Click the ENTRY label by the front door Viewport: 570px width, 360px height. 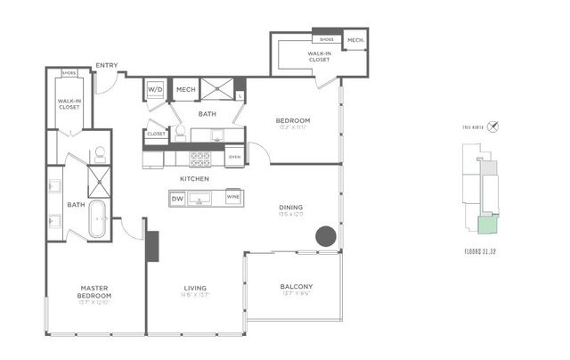coord(107,64)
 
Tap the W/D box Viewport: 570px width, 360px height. coord(155,90)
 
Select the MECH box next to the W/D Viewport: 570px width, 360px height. coord(185,90)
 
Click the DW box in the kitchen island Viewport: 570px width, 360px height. coord(178,198)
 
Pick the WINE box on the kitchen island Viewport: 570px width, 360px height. coord(233,197)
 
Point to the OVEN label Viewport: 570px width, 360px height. coord(234,157)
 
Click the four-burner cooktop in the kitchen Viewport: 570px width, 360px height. coord(200,159)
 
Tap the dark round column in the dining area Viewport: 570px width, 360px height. coord(326,236)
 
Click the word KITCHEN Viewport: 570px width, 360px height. coord(194,178)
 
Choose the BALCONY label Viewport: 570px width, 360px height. coord(296,287)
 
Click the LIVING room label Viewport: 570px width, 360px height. coord(195,288)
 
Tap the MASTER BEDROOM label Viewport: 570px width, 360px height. coord(94,291)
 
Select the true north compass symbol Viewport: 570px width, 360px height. coord(493,127)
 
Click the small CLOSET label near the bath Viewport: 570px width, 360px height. coord(156,134)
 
